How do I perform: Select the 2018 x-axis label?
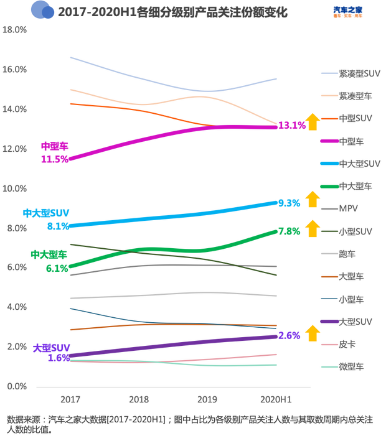[138, 398]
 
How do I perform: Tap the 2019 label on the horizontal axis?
[207, 398]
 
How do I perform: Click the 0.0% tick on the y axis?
[16, 386]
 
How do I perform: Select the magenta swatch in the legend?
[329, 141]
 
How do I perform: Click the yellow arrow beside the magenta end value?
[313, 121]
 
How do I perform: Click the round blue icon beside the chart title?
[42, 11]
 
